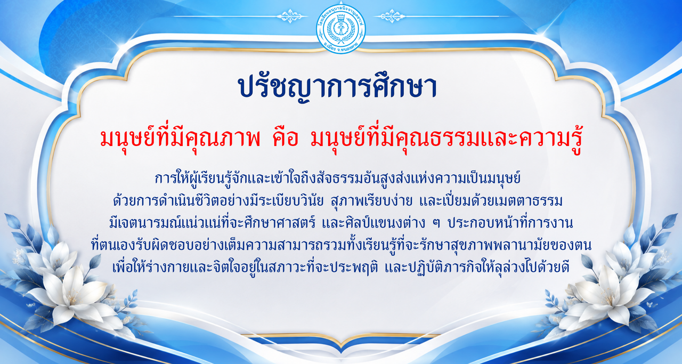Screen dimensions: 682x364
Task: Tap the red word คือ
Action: (285, 140)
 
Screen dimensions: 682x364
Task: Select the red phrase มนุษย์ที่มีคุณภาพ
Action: (180, 140)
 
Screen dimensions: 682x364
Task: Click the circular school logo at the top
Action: (340, 29)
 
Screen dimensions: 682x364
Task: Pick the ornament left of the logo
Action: (291, 16)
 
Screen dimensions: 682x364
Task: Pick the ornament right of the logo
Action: (391, 16)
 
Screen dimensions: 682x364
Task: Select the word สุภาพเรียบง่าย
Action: (371, 201)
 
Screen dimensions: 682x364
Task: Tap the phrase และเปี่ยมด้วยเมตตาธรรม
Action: (491, 201)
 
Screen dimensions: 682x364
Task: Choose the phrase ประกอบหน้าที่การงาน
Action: (510, 223)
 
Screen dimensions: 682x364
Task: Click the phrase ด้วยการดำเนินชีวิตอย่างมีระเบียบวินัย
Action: (218, 201)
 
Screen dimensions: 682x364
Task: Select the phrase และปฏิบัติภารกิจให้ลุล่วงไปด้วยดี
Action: (477, 268)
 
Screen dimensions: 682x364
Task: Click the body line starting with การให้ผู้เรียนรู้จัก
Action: (337, 179)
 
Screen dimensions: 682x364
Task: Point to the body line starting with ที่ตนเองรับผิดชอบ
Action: (341, 245)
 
